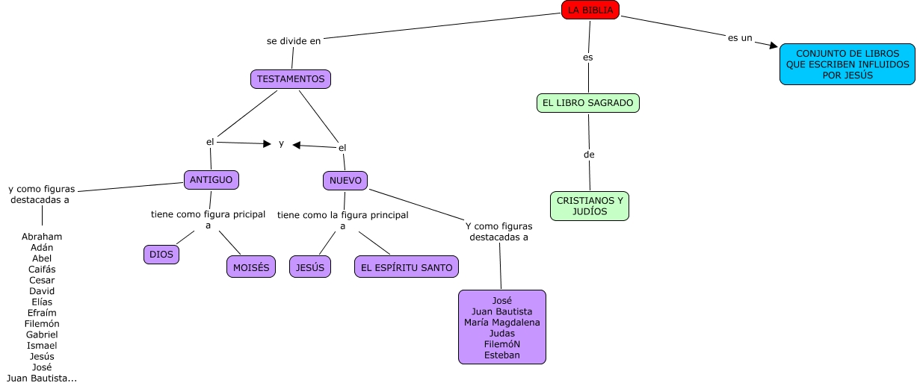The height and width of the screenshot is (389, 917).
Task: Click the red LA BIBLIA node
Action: click(x=590, y=10)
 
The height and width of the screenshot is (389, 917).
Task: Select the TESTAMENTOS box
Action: click(x=290, y=78)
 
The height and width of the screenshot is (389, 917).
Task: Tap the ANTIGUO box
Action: click(x=212, y=179)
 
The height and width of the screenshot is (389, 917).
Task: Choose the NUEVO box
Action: click(x=345, y=180)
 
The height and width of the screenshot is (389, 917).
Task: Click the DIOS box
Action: click(x=161, y=255)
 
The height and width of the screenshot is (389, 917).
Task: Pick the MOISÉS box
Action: click(x=251, y=267)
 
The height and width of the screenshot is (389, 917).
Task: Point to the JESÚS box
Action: click(x=309, y=267)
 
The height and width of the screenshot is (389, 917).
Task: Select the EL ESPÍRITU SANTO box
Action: click(x=406, y=267)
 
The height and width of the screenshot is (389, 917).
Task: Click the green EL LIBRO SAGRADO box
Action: click(x=588, y=102)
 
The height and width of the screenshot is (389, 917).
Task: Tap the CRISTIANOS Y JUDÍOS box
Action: click(x=590, y=206)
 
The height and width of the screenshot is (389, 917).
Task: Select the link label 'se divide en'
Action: click(x=294, y=41)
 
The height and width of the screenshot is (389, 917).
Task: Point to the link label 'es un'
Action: click(x=740, y=37)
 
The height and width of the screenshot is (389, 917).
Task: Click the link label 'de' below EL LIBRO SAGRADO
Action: click(x=589, y=155)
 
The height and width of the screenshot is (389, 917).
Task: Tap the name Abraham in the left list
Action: click(x=42, y=237)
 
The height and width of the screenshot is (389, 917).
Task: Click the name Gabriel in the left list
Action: click(x=42, y=334)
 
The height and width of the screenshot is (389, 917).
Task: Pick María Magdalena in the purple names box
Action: click(x=501, y=322)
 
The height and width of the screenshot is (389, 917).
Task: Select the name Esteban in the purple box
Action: click(x=501, y=355)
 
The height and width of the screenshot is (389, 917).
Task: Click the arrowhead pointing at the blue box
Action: click(x=773, y=45)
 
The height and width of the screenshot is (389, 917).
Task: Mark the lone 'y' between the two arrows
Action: click(x=281, y=143)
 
